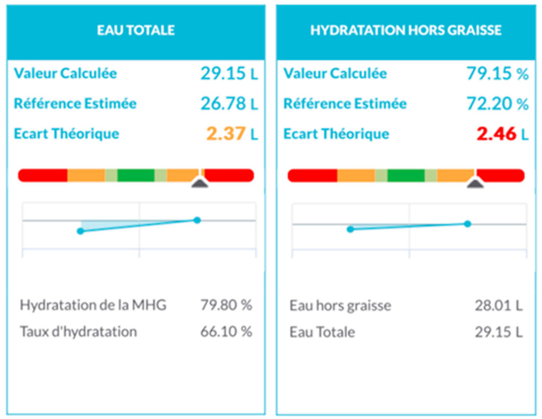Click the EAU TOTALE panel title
point(135,30)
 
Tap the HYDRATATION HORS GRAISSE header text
point(405,30)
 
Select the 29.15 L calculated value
point(229,74)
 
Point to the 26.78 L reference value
point(229,103)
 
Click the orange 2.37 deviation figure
point(226,134)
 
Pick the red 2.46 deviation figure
point(496,134)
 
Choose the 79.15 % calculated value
point(497,74)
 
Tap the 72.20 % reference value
point(497,103)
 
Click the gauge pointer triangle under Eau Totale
point(200,183)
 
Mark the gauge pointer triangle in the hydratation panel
point(475,183)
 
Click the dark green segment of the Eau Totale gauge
point(135,175)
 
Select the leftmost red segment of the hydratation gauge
point(312,175)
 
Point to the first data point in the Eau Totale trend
point(80,231)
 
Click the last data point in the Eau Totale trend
point(197,220)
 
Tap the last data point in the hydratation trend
point(467,224)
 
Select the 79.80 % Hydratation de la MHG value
point(226,305)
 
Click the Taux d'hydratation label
point(78,332)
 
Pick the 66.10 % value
point(226,332)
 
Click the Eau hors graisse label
point(340,305)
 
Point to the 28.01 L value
point(498,305)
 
